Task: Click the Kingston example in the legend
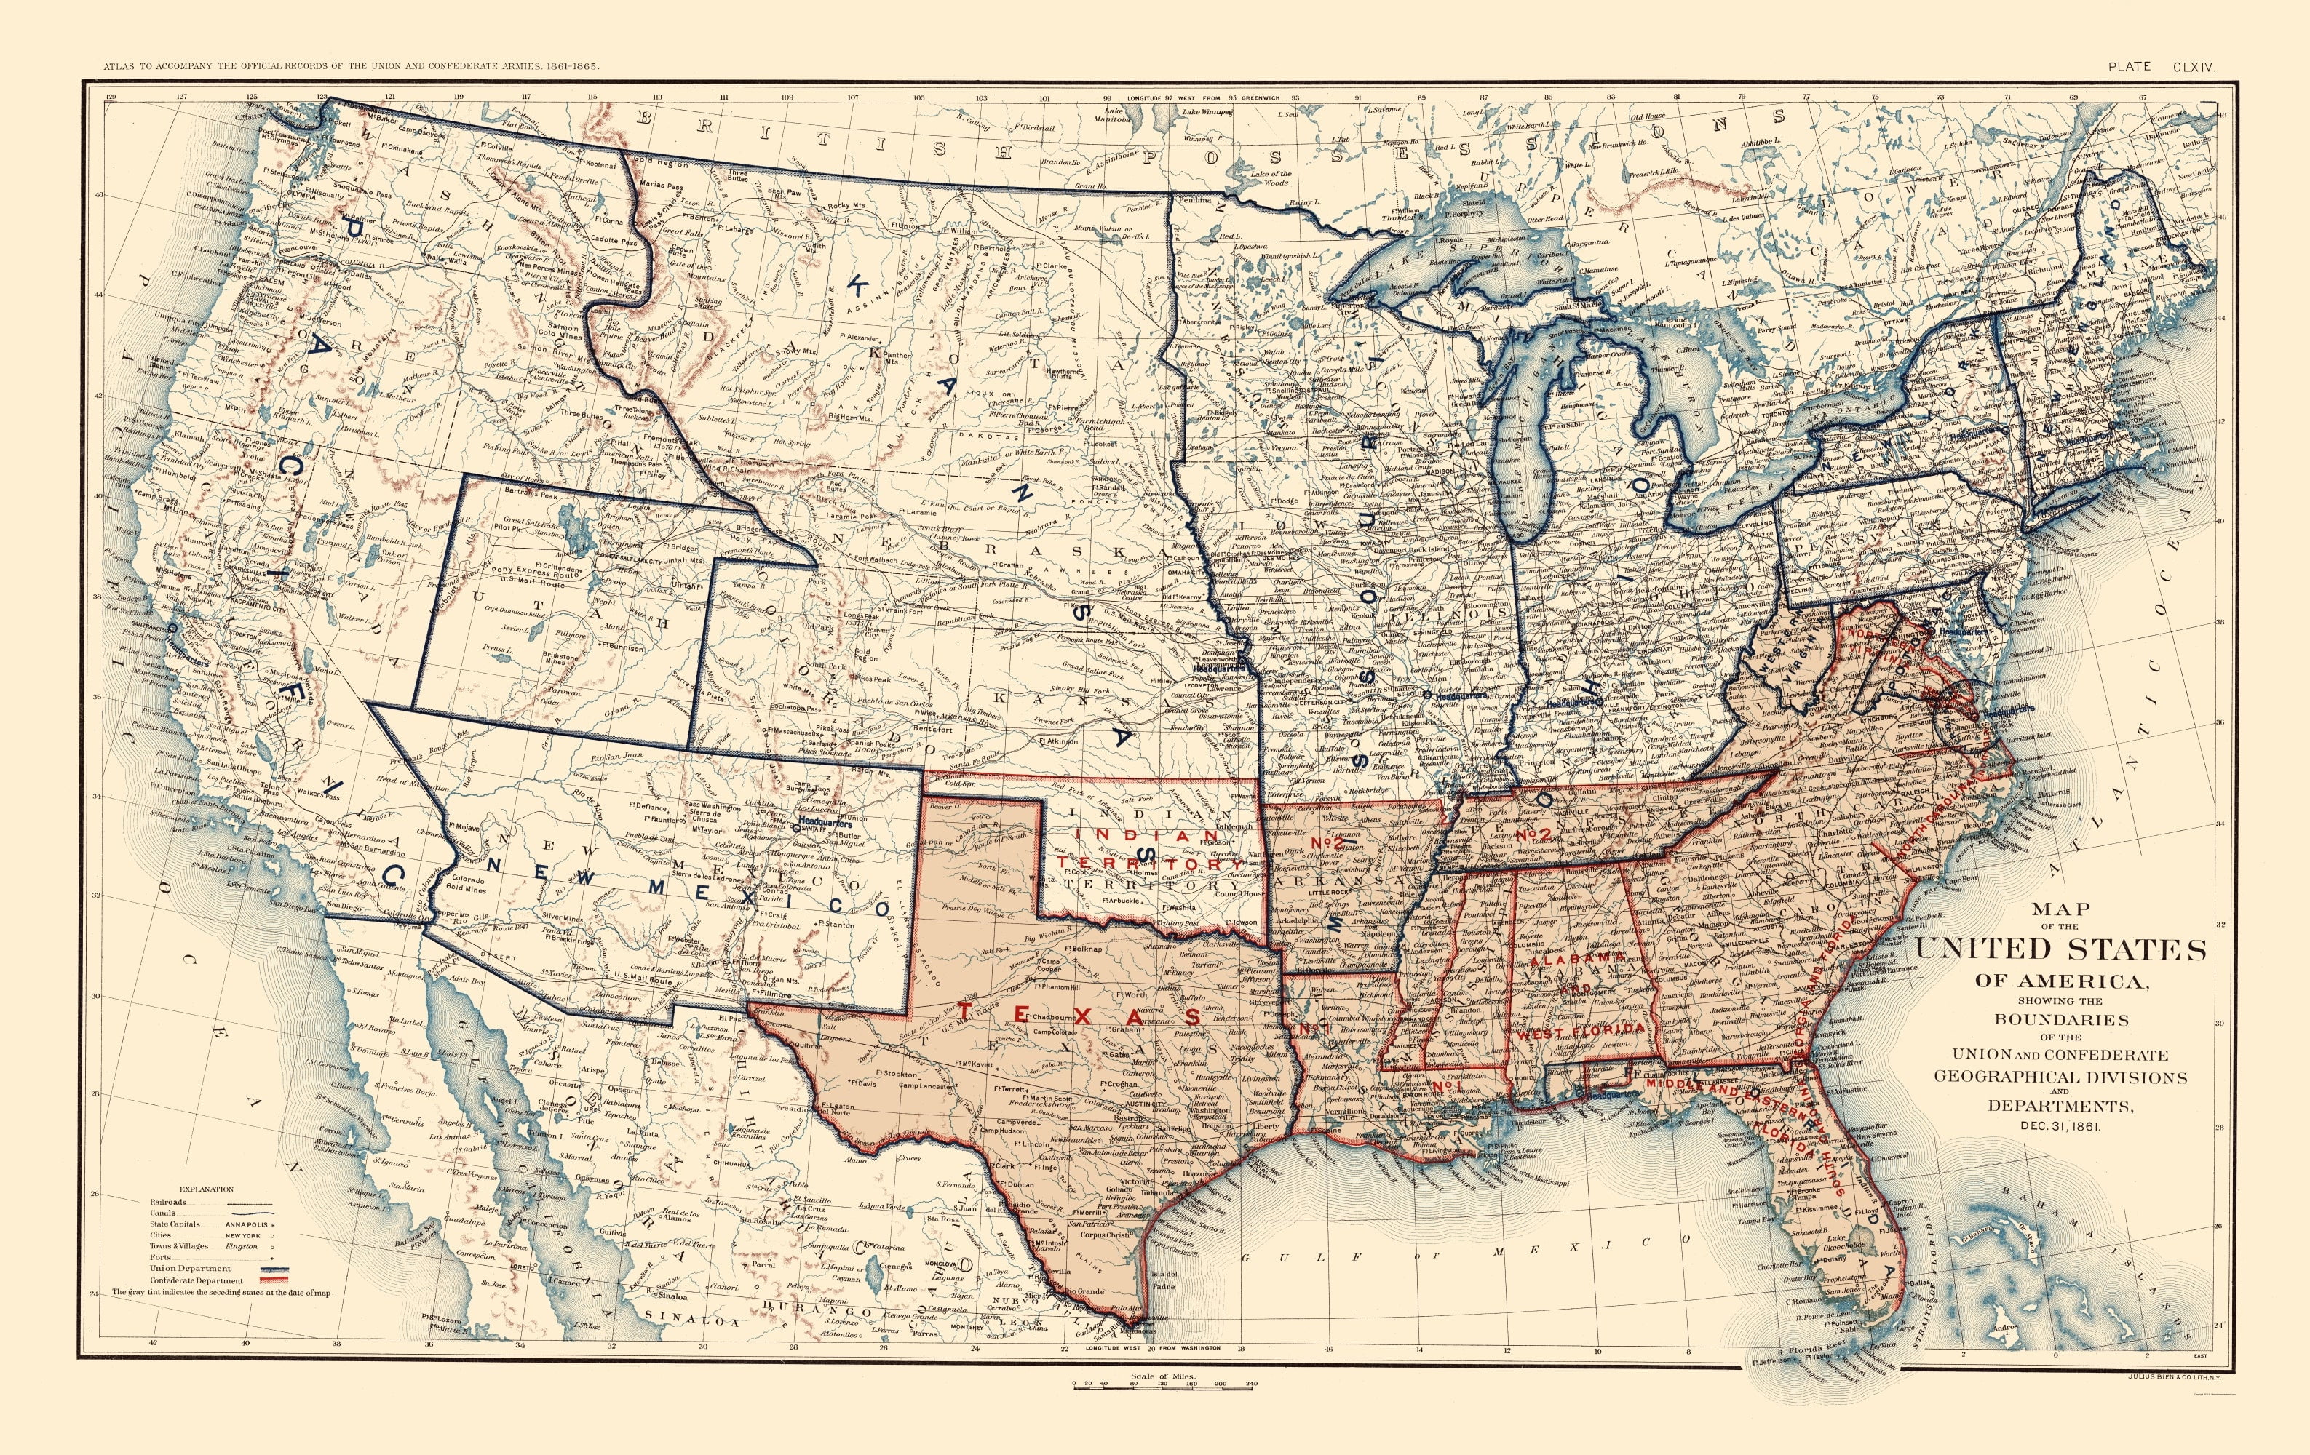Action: point(242,1247)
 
